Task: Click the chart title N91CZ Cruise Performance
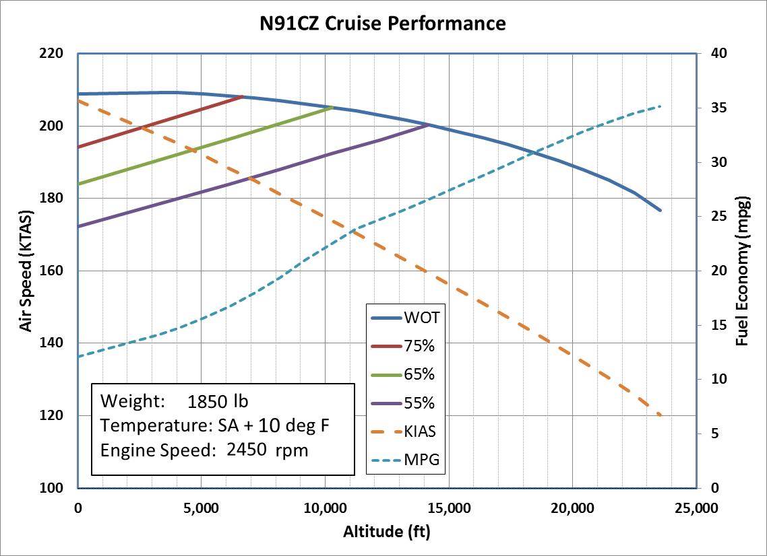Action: point(383,24)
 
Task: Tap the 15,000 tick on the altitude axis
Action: point(448,508)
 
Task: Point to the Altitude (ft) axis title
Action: point(386,532)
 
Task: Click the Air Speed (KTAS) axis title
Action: point(26,271)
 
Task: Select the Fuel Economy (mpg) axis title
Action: point(742,271)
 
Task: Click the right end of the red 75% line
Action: point(243,96)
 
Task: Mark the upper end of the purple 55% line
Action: point(429,125)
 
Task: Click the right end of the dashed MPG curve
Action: point(661,106)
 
